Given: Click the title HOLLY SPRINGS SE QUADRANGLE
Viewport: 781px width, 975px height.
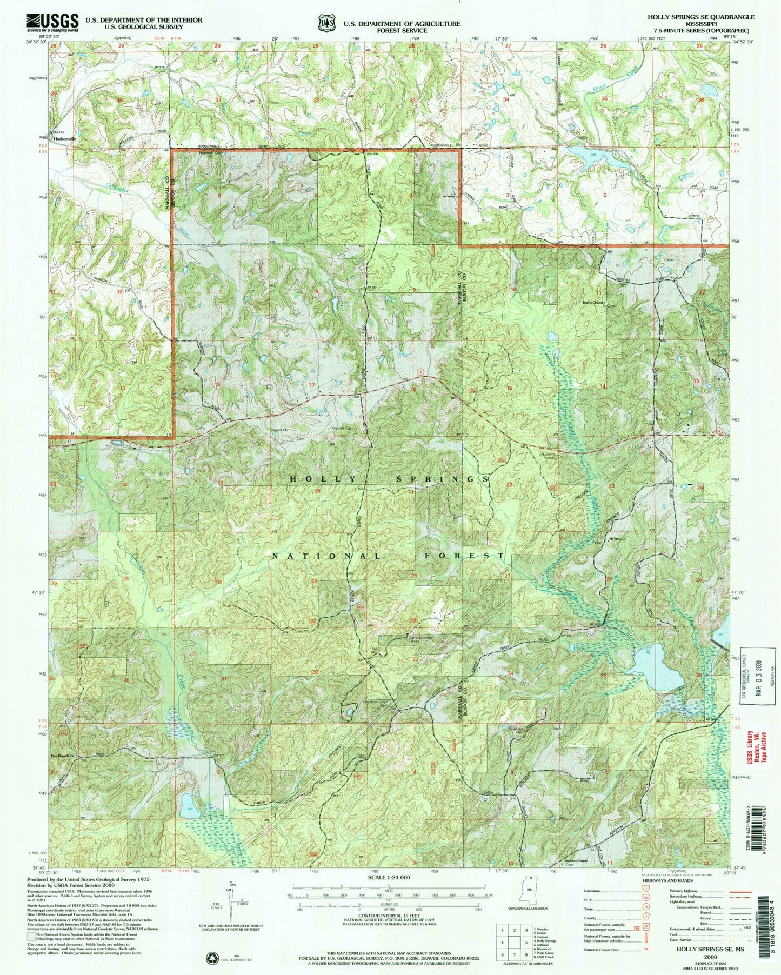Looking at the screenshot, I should pos(701,17).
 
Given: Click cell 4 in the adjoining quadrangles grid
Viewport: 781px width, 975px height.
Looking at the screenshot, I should pos(503,942).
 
